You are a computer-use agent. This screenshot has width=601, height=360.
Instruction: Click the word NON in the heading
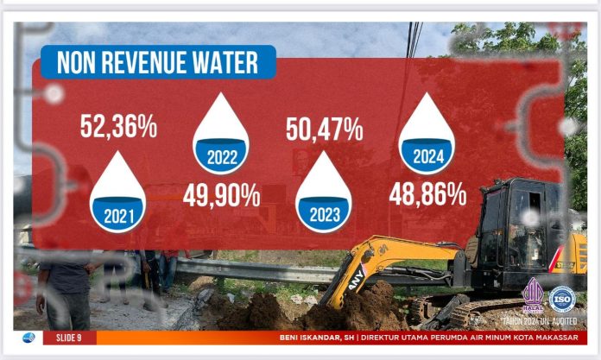point(75,63)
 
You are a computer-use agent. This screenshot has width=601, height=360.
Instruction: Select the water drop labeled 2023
point(323,193)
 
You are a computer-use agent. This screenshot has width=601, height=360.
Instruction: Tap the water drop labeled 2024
point(427,134)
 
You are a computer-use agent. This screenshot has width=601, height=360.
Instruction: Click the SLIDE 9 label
point(70,338)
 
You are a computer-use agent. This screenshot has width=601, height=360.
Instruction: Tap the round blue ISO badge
point(561,299)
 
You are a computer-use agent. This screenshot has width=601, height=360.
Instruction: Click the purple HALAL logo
point(532,296)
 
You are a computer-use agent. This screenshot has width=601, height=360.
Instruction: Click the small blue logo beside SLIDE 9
point(28,338)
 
